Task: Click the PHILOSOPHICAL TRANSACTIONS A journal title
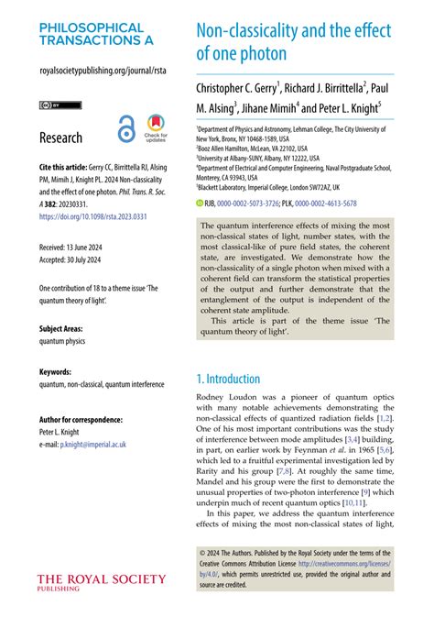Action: tap(96, 34)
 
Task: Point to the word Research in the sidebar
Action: tap(60, 138)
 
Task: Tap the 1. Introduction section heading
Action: tap(229, 379)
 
